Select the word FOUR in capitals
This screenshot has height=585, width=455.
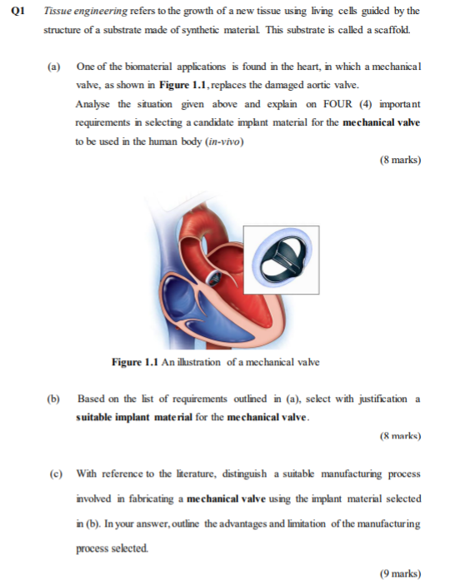point(330,104)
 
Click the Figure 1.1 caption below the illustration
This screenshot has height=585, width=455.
point(216,363)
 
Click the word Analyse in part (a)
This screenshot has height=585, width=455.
point(93,104)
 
